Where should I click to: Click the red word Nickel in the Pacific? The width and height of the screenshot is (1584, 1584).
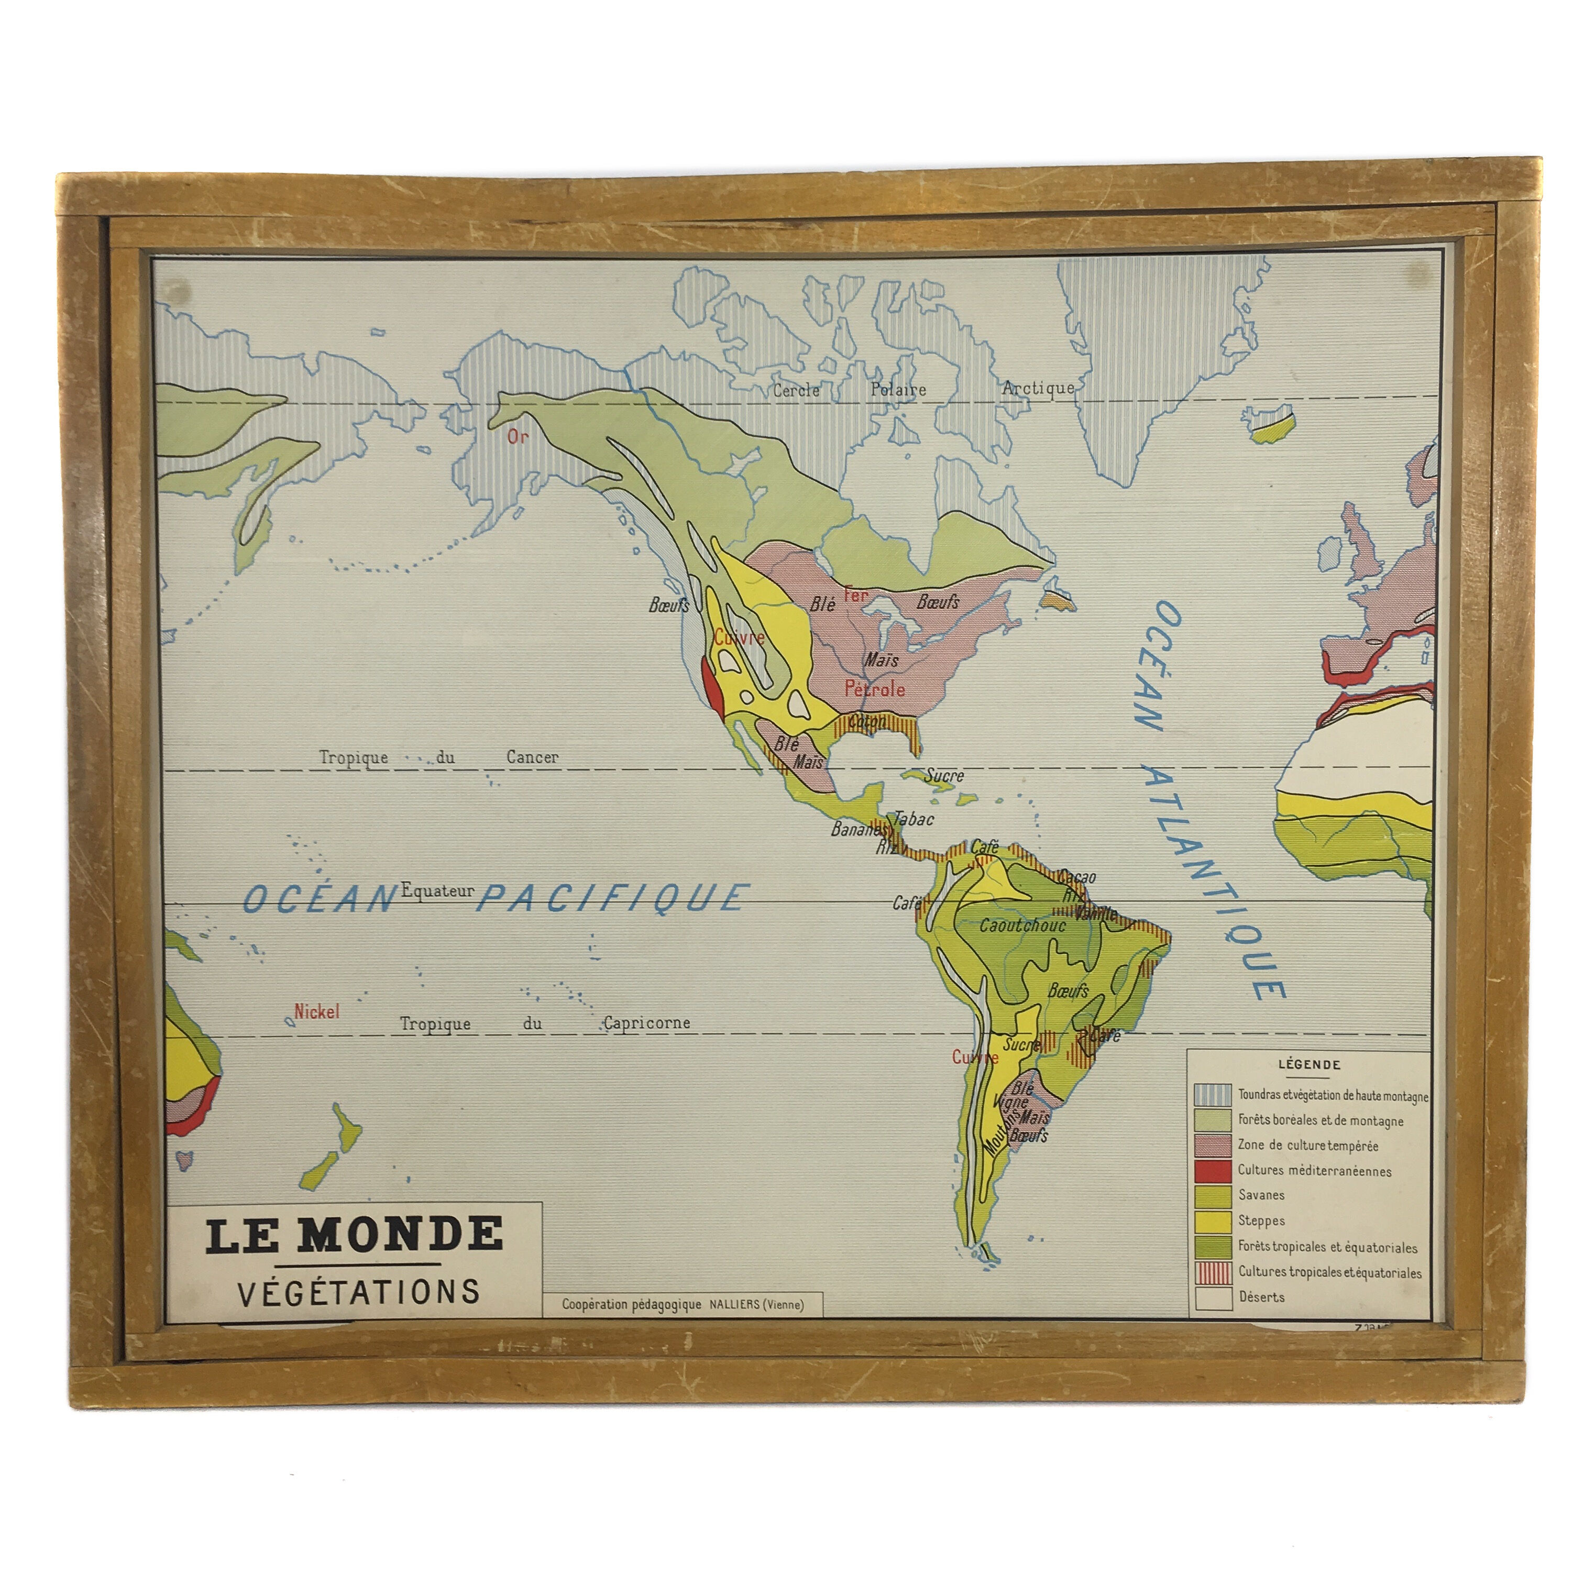pyautogui.click(x=316, y=1011)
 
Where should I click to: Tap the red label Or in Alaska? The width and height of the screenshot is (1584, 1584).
pyautogui.click(x=518, y=436)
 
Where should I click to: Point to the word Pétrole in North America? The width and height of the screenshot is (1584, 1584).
pyautogui.click(x=875, y=689)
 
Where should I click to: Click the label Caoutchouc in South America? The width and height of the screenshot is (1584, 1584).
pyautogui.click(x=1023, y=926)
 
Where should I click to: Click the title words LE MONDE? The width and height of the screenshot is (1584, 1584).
pyautogui.click(x=354, y=1236)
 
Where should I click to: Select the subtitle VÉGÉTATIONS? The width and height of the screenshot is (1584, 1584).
pyautogui.click(x=358, y=1293)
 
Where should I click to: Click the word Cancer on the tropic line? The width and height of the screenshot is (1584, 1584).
pyautogui.click(x=532, y=757)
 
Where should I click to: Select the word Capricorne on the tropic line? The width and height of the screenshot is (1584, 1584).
pyautogui.click(x=647, y=1022)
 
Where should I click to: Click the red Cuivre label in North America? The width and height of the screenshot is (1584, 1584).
pyautogui.click(x=740, y=637)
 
